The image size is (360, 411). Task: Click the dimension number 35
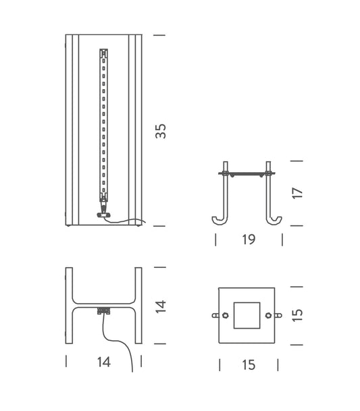tap(161, 131)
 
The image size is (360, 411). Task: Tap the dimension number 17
tap(298, 193)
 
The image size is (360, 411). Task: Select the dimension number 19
tap(249, 240)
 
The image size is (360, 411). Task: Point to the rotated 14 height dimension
tap(161, 306)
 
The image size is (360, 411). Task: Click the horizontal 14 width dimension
tap(103, 362)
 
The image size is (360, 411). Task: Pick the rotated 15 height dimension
tap(298, 314)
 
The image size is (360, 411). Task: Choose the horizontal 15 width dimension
tap(249, 365)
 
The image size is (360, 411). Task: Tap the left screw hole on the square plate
tap(225, 315)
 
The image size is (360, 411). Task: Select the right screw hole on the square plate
tap(268, 315)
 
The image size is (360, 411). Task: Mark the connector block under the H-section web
tap(103, 311)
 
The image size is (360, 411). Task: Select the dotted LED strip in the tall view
tap(103, 121)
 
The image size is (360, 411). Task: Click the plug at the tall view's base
tap(103, 215)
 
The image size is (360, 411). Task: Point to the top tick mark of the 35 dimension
tap(159, 34)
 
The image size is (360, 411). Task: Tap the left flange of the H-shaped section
tap(69, 306)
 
